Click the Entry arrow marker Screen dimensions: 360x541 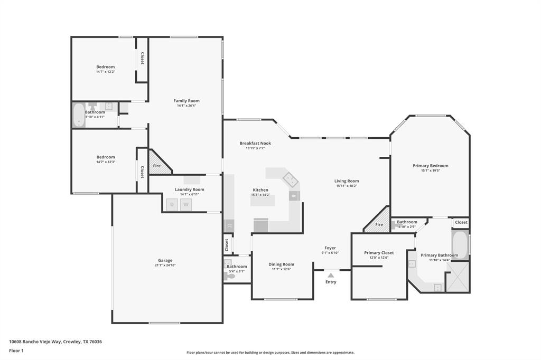(331, 275)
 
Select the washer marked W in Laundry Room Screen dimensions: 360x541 (186, 205)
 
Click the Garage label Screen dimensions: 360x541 (165, 260)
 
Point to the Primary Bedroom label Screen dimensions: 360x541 (430, 166)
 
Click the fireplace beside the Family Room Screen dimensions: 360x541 (159, 164)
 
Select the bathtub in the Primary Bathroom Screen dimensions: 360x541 (460, 244)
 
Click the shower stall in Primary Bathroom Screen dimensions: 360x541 (458, 277)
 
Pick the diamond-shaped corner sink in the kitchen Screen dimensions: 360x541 (290, 179)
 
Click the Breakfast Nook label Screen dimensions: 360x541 (255, 143)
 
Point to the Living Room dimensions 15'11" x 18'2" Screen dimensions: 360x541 (347, 186)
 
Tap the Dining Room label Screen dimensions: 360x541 (282, 264)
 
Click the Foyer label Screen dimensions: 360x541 (330, 248)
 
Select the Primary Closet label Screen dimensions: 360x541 (379, 253)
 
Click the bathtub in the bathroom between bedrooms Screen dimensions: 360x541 (79, 115)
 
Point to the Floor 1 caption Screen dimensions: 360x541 (16, 350)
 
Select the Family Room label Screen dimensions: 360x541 (186, 101)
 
